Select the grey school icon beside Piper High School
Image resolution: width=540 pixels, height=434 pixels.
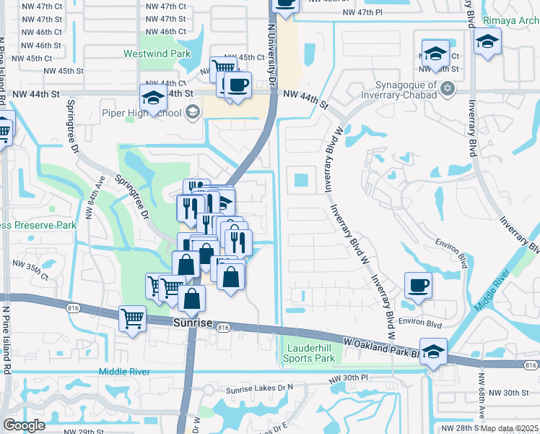coord(192,112)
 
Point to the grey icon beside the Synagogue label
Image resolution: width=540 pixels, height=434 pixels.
coord(448,88)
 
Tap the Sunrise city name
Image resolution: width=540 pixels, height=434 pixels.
coord(193,323)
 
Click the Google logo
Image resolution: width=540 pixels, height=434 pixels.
coord(24,425)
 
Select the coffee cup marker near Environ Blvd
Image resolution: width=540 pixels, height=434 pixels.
coord(418,284)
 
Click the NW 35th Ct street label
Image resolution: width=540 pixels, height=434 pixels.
coord(34,276)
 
